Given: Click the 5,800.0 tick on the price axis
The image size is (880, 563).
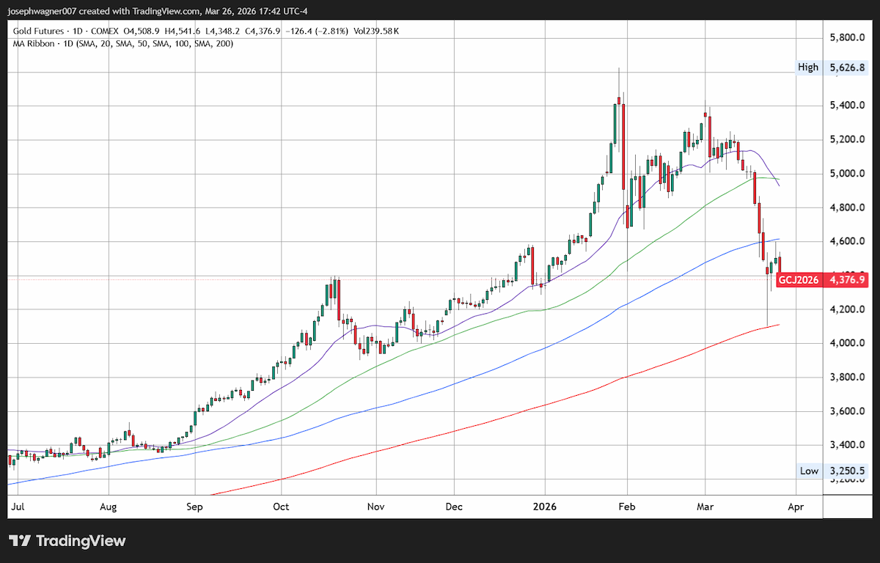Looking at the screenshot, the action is pyautogui.click(x=847, y=37).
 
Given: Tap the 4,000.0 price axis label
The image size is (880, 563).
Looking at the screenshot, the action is pyautogui.click(x=847, y=343).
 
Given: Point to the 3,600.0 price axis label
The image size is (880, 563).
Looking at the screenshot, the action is pyautogui.click(x=847, y=411).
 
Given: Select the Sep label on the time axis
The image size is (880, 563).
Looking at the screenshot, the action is pyautogui.click(x=194, y=507).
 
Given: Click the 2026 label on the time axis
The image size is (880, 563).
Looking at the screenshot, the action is pyautogui.click(x=544, y=507).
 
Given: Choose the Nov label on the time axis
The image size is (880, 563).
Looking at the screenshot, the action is pyautogui.click(x=375, y=507).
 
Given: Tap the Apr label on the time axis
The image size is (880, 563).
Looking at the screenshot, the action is pyautogui.click(x=796, y=507).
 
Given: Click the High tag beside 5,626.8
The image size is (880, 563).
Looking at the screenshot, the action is pyautogui.click(x=808, y=67).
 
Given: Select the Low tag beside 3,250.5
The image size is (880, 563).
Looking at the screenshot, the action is pyautogui.click(x=810, y=471).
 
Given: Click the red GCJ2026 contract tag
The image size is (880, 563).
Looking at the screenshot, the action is pyautogui.click(x=799, y=280).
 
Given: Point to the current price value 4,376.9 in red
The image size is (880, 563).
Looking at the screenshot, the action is pyautogui.click(x=847, y=280).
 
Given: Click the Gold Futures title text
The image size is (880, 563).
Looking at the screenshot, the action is pyautogui.click(x=38, y=31).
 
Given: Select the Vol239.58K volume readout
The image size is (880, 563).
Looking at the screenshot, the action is pyautogui.click(x=376, y=31).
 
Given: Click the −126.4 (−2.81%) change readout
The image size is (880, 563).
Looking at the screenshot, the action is pyautogui.click(x=317, y=31).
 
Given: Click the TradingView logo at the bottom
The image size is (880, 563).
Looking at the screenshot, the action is pyautogui.click(x=67, y=541).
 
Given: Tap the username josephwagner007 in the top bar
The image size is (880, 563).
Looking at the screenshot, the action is pyautogui.click(x=42, y=12).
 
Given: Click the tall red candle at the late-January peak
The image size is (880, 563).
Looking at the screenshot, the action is pyautogui.click(x=623, y=147).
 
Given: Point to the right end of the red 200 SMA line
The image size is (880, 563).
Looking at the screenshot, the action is pyautogui.click(x=780, y=325).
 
